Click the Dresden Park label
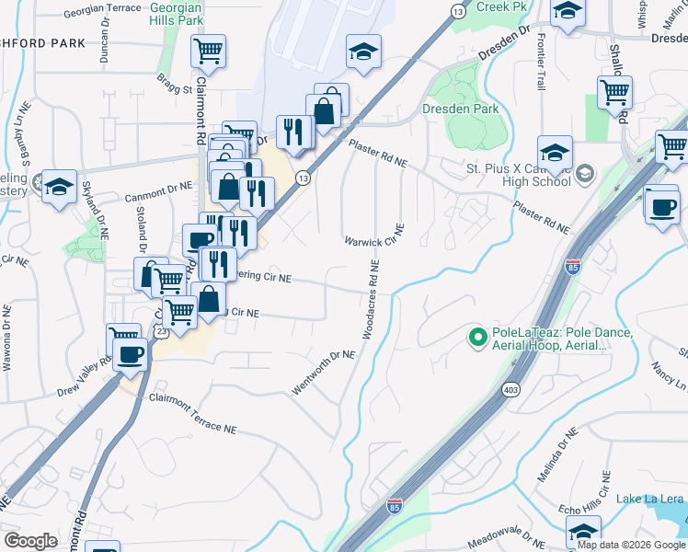(460, 109)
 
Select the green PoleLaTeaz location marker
(477, 339)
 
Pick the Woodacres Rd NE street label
(371, 299)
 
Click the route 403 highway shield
(509, 390)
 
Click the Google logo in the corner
(30, 541)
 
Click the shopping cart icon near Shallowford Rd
(614, 91)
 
